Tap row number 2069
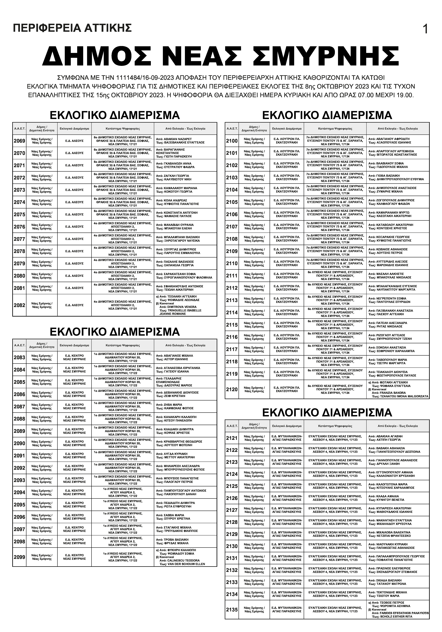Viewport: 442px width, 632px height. coord(19,141)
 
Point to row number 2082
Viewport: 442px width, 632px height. coord(19,305)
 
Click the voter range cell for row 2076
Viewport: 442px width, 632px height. coord(185,227)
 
